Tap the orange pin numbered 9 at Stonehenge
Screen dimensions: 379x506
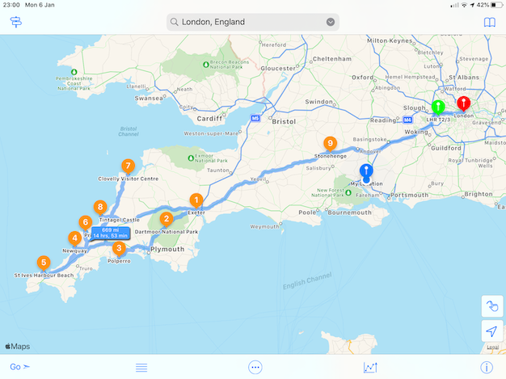click(330, 143)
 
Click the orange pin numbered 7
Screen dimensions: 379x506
click(128, 166)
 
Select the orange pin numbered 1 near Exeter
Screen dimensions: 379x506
click(196, 200)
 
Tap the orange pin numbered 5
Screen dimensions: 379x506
click(44, 262)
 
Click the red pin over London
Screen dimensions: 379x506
click(463, 103)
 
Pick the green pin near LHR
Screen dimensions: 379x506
click(438, 107)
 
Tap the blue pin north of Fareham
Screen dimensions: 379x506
click(366, 171)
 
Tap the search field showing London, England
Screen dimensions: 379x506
click(252, 22)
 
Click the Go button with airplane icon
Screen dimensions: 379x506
click(20, 367)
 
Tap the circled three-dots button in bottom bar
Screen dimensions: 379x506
click(255, 367)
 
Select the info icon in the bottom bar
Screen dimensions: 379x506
click(487, 367)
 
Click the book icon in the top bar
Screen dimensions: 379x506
click(488, 22)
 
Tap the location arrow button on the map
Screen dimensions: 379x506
click(491, 331)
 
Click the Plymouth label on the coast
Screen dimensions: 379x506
click(168, 249)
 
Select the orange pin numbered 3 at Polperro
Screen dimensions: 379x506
click(119, 248)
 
